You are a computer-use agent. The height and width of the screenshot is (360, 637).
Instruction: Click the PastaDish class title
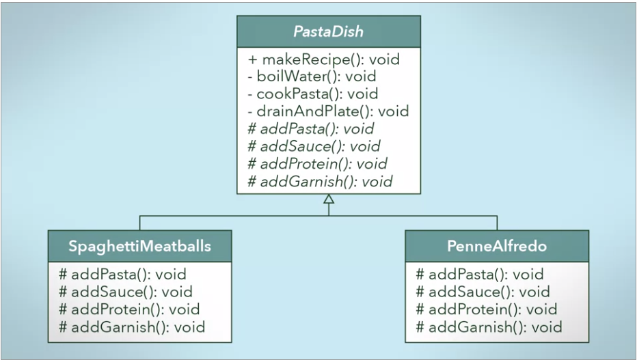tap(328, 31)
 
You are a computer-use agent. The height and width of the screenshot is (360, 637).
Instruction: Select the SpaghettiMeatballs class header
tap(139, 245)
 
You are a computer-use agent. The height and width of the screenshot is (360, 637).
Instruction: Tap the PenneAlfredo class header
tap(496, 245)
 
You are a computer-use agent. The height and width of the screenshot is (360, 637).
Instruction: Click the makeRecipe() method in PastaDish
tap(324, 59)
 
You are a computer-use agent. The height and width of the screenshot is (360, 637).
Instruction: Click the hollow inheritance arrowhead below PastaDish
tap(329, 199)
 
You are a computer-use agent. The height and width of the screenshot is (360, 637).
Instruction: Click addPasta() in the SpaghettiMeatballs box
tap(123, 275)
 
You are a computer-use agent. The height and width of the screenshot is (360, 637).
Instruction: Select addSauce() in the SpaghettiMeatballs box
tap(126, 292)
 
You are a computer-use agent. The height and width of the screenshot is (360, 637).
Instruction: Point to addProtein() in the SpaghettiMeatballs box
tap(129, 309)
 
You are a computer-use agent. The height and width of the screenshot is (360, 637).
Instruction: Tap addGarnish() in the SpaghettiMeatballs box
tap(132, 327)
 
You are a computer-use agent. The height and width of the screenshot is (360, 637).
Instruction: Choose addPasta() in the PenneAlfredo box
tap(480, 275)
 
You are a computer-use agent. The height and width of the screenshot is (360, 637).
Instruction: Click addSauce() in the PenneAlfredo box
tap(483, 292)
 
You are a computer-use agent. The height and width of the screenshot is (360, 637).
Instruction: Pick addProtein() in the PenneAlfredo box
tap(486, 309)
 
